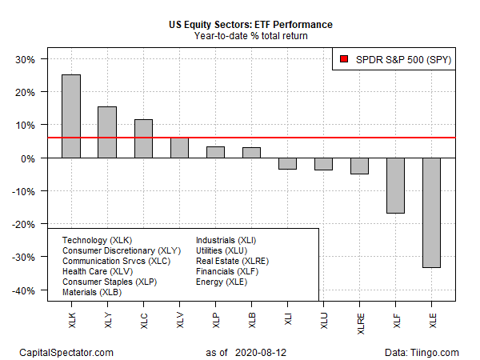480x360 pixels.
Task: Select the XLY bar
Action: coord(107,132)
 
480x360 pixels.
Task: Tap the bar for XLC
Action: coord(143,138)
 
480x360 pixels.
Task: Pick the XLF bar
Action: coord(395,186)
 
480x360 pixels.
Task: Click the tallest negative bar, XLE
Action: coord(431,213)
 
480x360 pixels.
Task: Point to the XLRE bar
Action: coord(359,166)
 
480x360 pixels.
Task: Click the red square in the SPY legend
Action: coord(343,58)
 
